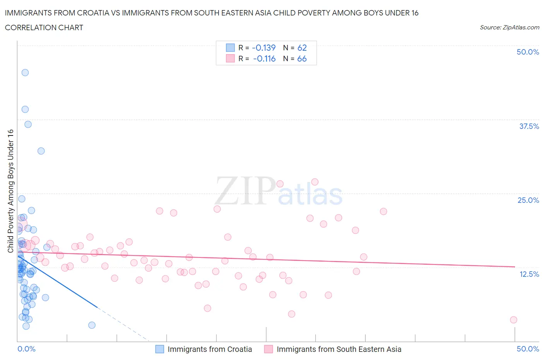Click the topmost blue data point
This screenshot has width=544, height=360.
pos(25,72)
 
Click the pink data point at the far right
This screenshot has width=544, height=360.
pos(513,320)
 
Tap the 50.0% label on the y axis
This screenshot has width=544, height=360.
pos(528,52)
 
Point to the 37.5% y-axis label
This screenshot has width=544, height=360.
pos(529,126)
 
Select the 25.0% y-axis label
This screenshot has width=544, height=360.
pos(528,200)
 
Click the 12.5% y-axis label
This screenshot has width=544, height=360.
pos(529,274)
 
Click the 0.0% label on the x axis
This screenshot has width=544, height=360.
pos(26,349)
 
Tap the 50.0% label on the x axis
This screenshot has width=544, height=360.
pos(528,349)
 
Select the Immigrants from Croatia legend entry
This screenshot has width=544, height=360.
pos(209,349)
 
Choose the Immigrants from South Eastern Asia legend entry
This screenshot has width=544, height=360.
pos(339,349)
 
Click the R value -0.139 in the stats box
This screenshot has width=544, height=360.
pos(263,48)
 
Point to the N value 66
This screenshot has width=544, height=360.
pos(302,58)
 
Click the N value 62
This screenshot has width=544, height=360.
pos(302,48)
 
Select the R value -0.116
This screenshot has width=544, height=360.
pos(264,58)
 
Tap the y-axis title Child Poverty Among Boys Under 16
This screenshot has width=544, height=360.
pos(10,191)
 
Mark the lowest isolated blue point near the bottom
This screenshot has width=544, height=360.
pos(92,325)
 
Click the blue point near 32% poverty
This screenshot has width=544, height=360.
pos(41,151)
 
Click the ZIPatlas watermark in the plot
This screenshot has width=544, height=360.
pos(279,191)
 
